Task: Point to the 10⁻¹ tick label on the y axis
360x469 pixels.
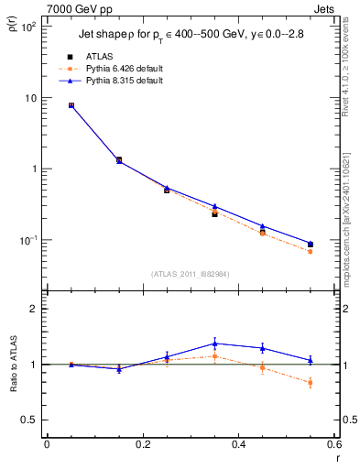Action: click(29, 240)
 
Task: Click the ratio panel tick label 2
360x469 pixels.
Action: click(36, 309)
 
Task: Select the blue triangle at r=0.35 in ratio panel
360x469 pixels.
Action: click(214, 344)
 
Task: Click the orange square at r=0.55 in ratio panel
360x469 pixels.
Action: click(311, 383)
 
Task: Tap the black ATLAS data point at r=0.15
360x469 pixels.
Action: click(118, 160)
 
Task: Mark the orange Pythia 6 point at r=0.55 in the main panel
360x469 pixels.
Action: click(311, 251)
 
